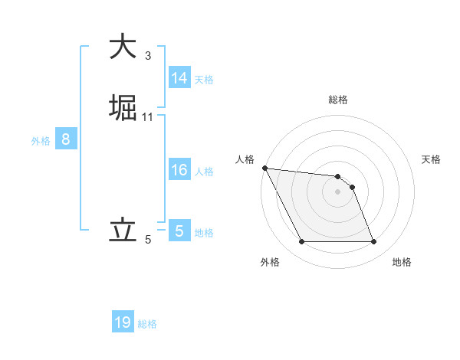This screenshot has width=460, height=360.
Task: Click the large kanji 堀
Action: click(x=123, y=106)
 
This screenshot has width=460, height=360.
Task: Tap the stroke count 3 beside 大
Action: click(x=148, y=55)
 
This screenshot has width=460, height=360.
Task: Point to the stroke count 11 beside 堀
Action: click(x=148, y=116)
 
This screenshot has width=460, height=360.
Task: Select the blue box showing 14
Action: click(x=179, y=78)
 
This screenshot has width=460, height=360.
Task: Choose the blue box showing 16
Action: click(x=179, y=170)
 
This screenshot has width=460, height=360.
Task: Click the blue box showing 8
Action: click(x=66, y=139)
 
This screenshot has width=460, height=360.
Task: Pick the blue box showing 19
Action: click(x=123, y=322)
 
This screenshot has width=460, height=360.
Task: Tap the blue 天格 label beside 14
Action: click(x=204, y=80)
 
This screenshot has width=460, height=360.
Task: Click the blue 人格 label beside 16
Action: click(x=204, y=172)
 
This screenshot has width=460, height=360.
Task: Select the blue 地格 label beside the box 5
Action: click(x=204, y=233)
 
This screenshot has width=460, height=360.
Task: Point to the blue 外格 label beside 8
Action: click(x=41, y=141)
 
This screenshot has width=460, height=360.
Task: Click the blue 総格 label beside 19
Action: click(x=147, y=324)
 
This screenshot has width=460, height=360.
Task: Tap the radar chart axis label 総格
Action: click(x=338, y=100)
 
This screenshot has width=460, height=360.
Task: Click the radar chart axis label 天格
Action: click(x=432, y=159)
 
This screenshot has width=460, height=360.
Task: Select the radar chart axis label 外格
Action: click(x=270, y=262)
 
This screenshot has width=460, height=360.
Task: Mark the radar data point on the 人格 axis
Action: click(x=264, y=168)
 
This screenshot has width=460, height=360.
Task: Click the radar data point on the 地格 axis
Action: click(x=373, y=242)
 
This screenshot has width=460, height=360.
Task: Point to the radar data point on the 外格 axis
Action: click(x=302, y=242)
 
